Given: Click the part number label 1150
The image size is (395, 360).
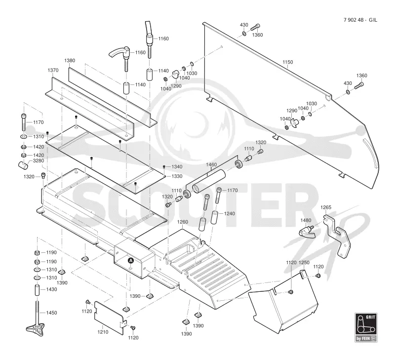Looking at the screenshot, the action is click(288, 62).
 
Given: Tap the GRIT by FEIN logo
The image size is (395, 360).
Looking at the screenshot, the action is click(366, 327).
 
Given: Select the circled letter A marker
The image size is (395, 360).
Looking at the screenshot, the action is click(130, 261).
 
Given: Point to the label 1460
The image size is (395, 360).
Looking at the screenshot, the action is click(211, 164).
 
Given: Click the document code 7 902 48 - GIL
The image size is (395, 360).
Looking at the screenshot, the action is click(360, 20).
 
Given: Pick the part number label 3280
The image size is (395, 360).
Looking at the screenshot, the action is click(39, 160).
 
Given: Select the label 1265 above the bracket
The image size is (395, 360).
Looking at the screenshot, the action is click(326, 207).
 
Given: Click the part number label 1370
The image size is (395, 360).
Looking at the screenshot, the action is click(53, 70).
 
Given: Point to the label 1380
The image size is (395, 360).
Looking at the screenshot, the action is click(70, 60).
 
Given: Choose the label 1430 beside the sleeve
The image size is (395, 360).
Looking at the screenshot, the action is click(51, 289).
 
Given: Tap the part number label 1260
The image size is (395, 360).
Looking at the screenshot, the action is click(183, 222).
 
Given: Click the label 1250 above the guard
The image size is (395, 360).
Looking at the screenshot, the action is click(304, 263).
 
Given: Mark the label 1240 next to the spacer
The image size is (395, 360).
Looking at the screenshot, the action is click(229, 214).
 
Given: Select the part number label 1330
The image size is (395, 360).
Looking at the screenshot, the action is click(177, 176).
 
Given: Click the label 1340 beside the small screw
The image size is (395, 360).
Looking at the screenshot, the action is click(177, 167).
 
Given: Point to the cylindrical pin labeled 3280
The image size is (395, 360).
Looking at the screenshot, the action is click(23, 165).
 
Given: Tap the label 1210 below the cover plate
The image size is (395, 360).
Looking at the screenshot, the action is click(103, 332).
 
